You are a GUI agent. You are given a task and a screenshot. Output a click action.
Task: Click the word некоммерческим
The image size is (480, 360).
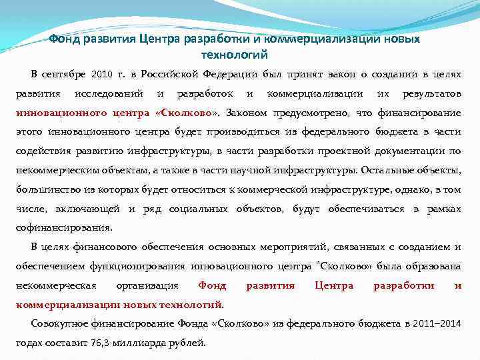[x=56, y=170]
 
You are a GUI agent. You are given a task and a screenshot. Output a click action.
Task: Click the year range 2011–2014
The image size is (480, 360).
[x=435, y=324]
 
